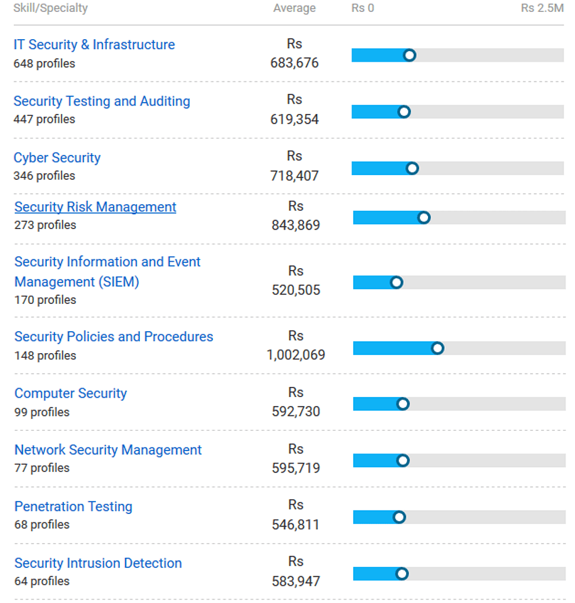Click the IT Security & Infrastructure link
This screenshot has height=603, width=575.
[94, 45]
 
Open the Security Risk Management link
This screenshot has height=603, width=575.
[95, 207]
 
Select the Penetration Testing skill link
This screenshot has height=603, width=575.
[74, 506]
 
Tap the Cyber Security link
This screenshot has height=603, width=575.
[57, 157]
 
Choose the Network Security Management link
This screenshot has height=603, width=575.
[108, 450]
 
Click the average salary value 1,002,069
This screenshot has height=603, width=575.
[296, 355]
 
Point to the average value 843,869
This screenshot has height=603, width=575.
[296, 225]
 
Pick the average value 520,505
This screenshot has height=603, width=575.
[296, 290]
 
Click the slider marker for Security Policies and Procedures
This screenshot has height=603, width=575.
[437, 348]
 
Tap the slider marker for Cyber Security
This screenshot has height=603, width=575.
[413, 169]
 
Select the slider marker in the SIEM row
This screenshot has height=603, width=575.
[397, 283]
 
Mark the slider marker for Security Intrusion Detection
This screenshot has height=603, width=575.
[402, 574]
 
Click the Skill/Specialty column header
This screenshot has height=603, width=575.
[50, 8]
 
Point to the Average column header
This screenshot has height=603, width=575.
[295, 8]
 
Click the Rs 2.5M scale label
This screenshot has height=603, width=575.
[542, 8]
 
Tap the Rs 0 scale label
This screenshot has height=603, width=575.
[363, 8]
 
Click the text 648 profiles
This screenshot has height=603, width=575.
[44, 63]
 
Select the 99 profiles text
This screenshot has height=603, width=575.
[42, 412]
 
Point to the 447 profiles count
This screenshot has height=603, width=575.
[44, 119]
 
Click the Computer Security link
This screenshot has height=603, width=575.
[71, 393]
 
